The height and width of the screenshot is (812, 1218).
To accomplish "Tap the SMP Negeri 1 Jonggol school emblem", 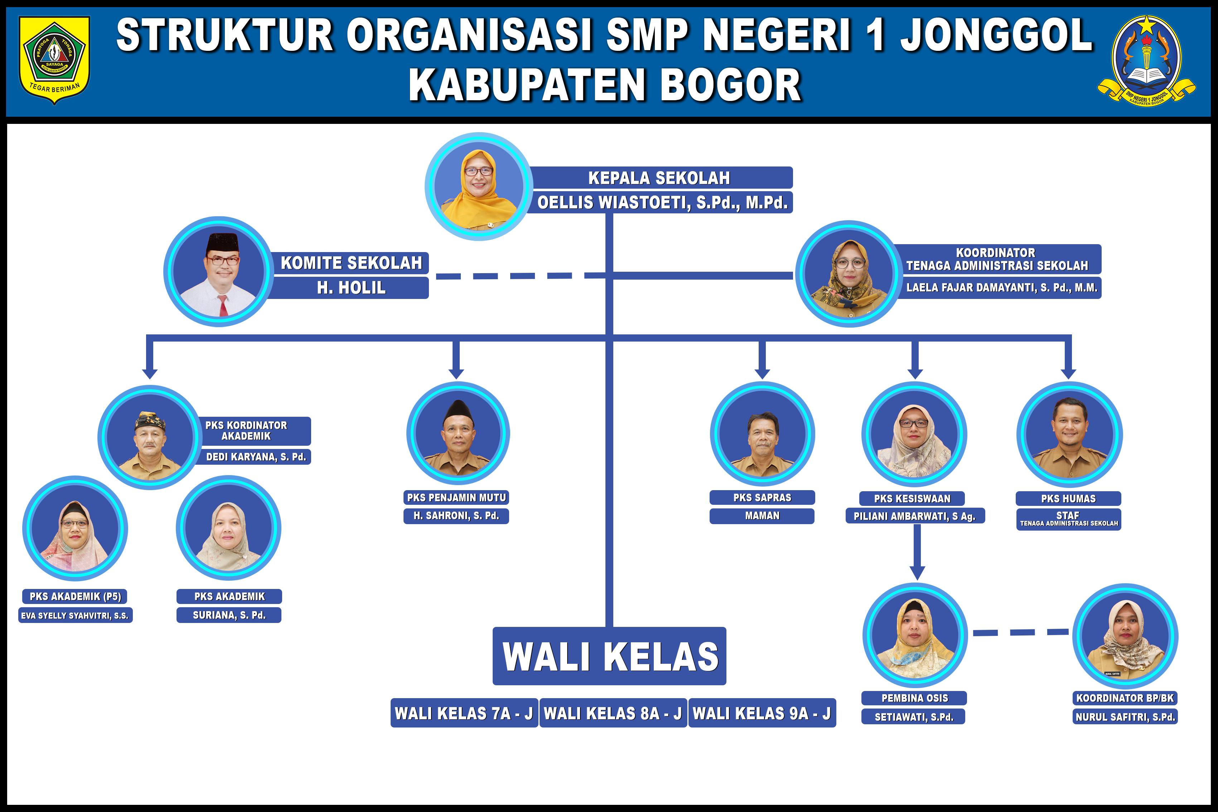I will tap(1146, 59).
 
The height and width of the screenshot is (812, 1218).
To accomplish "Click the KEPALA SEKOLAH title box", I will tap(659, 178).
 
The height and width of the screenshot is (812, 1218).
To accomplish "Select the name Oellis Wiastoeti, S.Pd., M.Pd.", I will tap(662, 203).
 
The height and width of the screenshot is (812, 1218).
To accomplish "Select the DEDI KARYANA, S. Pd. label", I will tap(256, 457).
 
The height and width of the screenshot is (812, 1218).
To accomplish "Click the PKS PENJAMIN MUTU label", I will tap(456, 498).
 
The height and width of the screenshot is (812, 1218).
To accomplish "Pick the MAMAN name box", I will tap(762, 516).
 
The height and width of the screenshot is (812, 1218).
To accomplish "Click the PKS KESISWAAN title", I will tap(912, 499).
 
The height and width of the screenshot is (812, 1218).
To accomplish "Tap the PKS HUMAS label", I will tap(1068, 499).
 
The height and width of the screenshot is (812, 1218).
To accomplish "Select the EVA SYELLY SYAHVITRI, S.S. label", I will tap(75, 616).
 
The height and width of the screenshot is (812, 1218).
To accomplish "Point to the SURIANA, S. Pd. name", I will tap(229, 615).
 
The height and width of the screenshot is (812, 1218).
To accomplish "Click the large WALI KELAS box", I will tap(609, 656).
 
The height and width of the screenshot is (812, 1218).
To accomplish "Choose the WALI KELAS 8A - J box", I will tap(613, 714).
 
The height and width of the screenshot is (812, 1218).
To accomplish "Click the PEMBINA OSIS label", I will tap(914, 698).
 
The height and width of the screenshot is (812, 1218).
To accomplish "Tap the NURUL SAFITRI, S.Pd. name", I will tap(1125, 717).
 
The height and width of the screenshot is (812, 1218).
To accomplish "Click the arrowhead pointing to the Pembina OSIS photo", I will tap(917, 573).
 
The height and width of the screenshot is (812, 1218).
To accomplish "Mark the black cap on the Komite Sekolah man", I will tap(223, 242).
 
